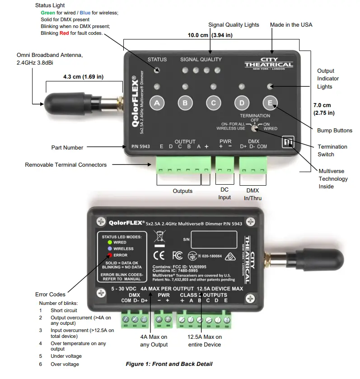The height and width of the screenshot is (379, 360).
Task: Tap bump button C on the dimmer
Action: point(214,103)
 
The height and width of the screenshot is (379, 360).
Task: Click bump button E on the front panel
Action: point(270,103)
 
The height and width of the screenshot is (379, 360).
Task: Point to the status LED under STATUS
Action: point(158,70)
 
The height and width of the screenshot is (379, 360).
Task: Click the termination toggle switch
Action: point(256,129)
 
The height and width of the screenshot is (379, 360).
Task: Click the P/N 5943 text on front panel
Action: point(140,147)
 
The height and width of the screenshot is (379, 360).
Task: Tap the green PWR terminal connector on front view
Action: point(224,165)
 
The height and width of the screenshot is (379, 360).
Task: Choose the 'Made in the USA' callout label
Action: point(291,25)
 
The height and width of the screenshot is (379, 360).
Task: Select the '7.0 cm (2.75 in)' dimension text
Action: point(324,109)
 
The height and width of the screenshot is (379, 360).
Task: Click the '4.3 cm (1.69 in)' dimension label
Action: point(83,77)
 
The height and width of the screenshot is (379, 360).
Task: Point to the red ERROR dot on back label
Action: point(109,255)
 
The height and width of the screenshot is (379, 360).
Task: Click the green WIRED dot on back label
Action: point(109,243)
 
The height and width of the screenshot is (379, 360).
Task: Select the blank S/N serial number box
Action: point(214,239)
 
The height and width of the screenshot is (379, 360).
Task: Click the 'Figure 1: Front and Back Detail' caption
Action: point(168,364)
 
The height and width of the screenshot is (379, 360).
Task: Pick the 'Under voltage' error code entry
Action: point(66,356)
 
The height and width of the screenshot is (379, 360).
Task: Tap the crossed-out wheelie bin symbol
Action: point(159,237)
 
